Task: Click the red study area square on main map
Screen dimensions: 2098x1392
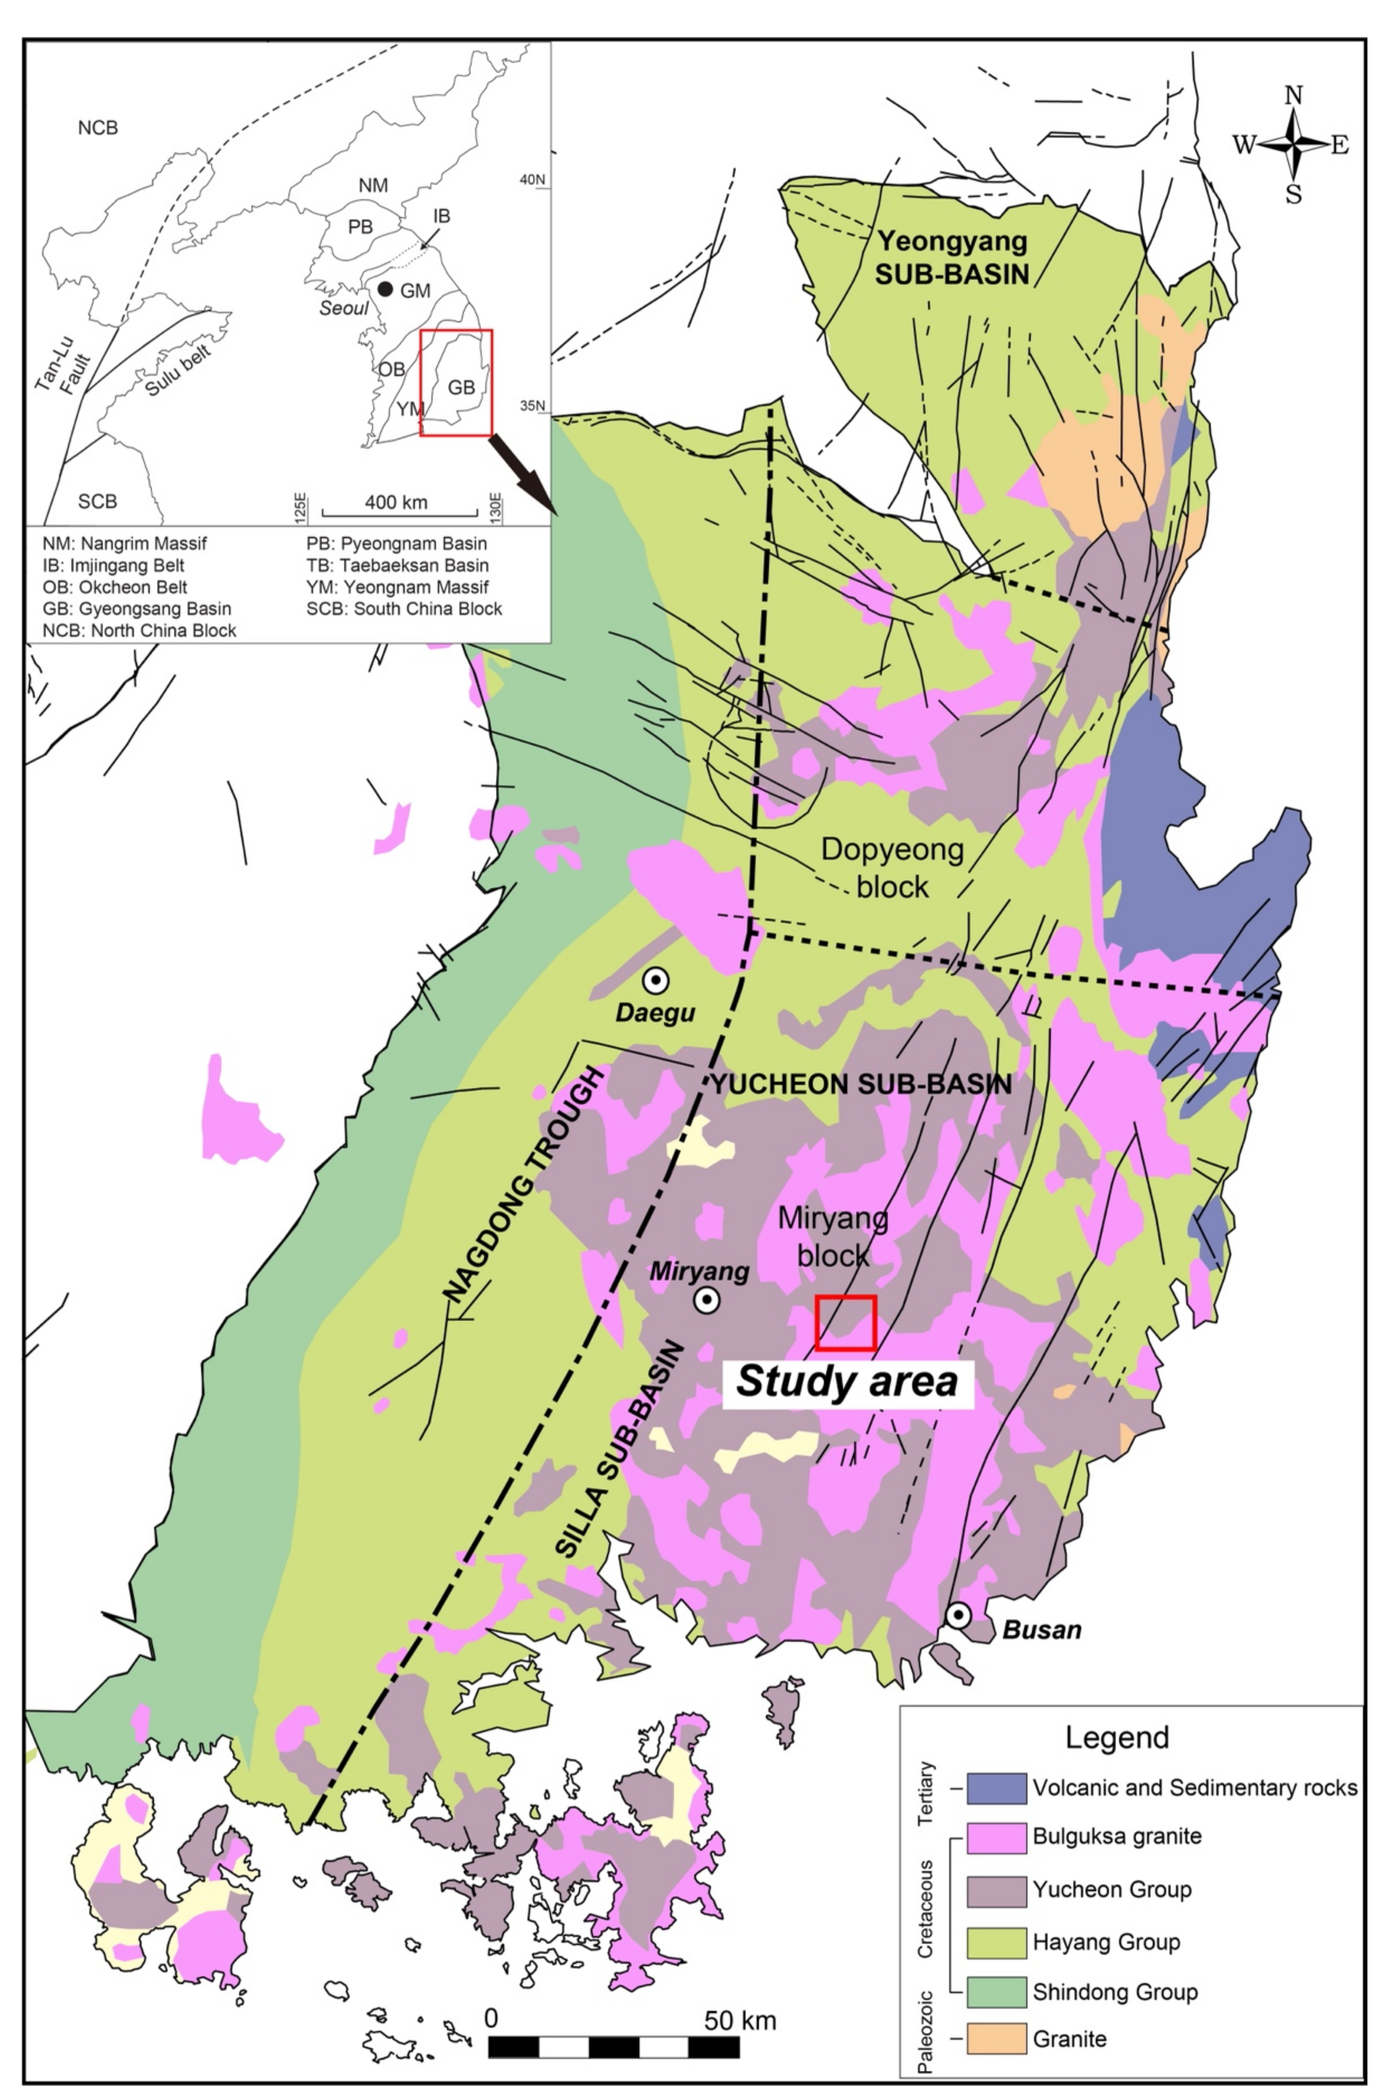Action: pos(845,1323)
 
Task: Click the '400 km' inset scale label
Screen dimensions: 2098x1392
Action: pos(396,503)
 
